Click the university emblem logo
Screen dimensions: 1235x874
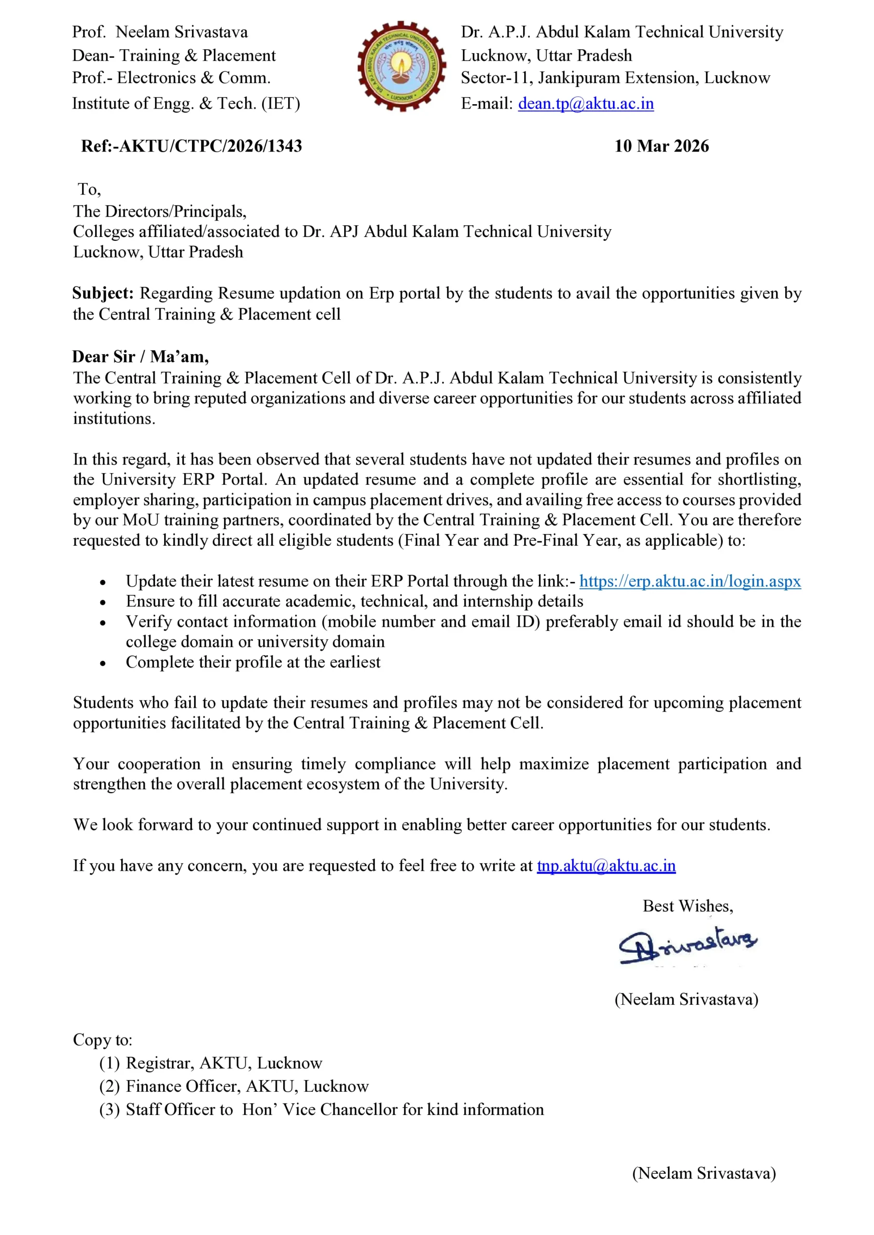[402, 66]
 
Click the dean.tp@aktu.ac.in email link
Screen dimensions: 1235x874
[585, 103]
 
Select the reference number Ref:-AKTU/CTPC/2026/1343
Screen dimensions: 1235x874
[192, 146]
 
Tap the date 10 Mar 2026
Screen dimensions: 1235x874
[662, 146]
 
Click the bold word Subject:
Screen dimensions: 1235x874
[103, 293]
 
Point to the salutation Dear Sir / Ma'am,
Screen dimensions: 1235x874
[140, 357]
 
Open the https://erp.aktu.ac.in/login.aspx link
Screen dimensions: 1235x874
[690, 581]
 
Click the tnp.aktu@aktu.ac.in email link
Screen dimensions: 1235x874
[606, 865]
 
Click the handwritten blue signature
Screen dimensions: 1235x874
[687, 946]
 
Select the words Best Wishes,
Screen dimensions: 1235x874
[688, 906]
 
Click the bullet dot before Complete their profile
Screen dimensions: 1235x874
[103, 664]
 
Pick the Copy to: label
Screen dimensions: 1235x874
[103, 1040]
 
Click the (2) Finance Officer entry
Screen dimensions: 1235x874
[234, 1086]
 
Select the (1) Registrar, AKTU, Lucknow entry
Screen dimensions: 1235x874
[210, 1063]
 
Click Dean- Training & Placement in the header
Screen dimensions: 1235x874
[174, 55]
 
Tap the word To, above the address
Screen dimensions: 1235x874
[89, 189]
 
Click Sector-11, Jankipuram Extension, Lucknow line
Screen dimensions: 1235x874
[615, 78]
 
